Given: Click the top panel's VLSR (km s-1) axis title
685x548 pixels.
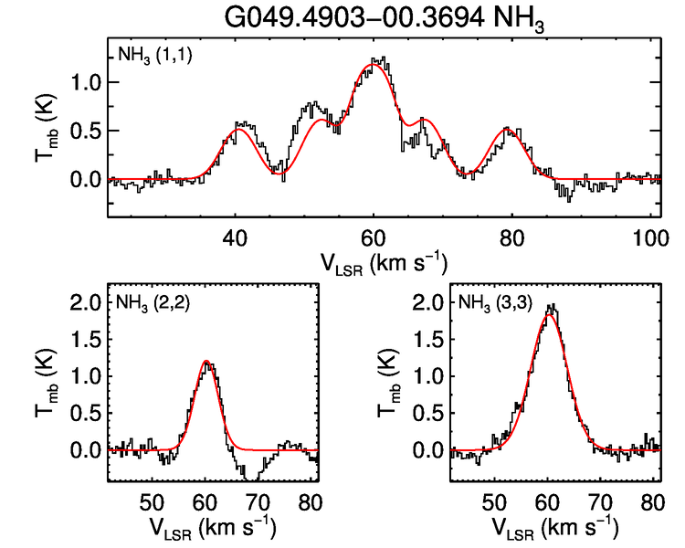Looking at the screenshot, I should [384, 262].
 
